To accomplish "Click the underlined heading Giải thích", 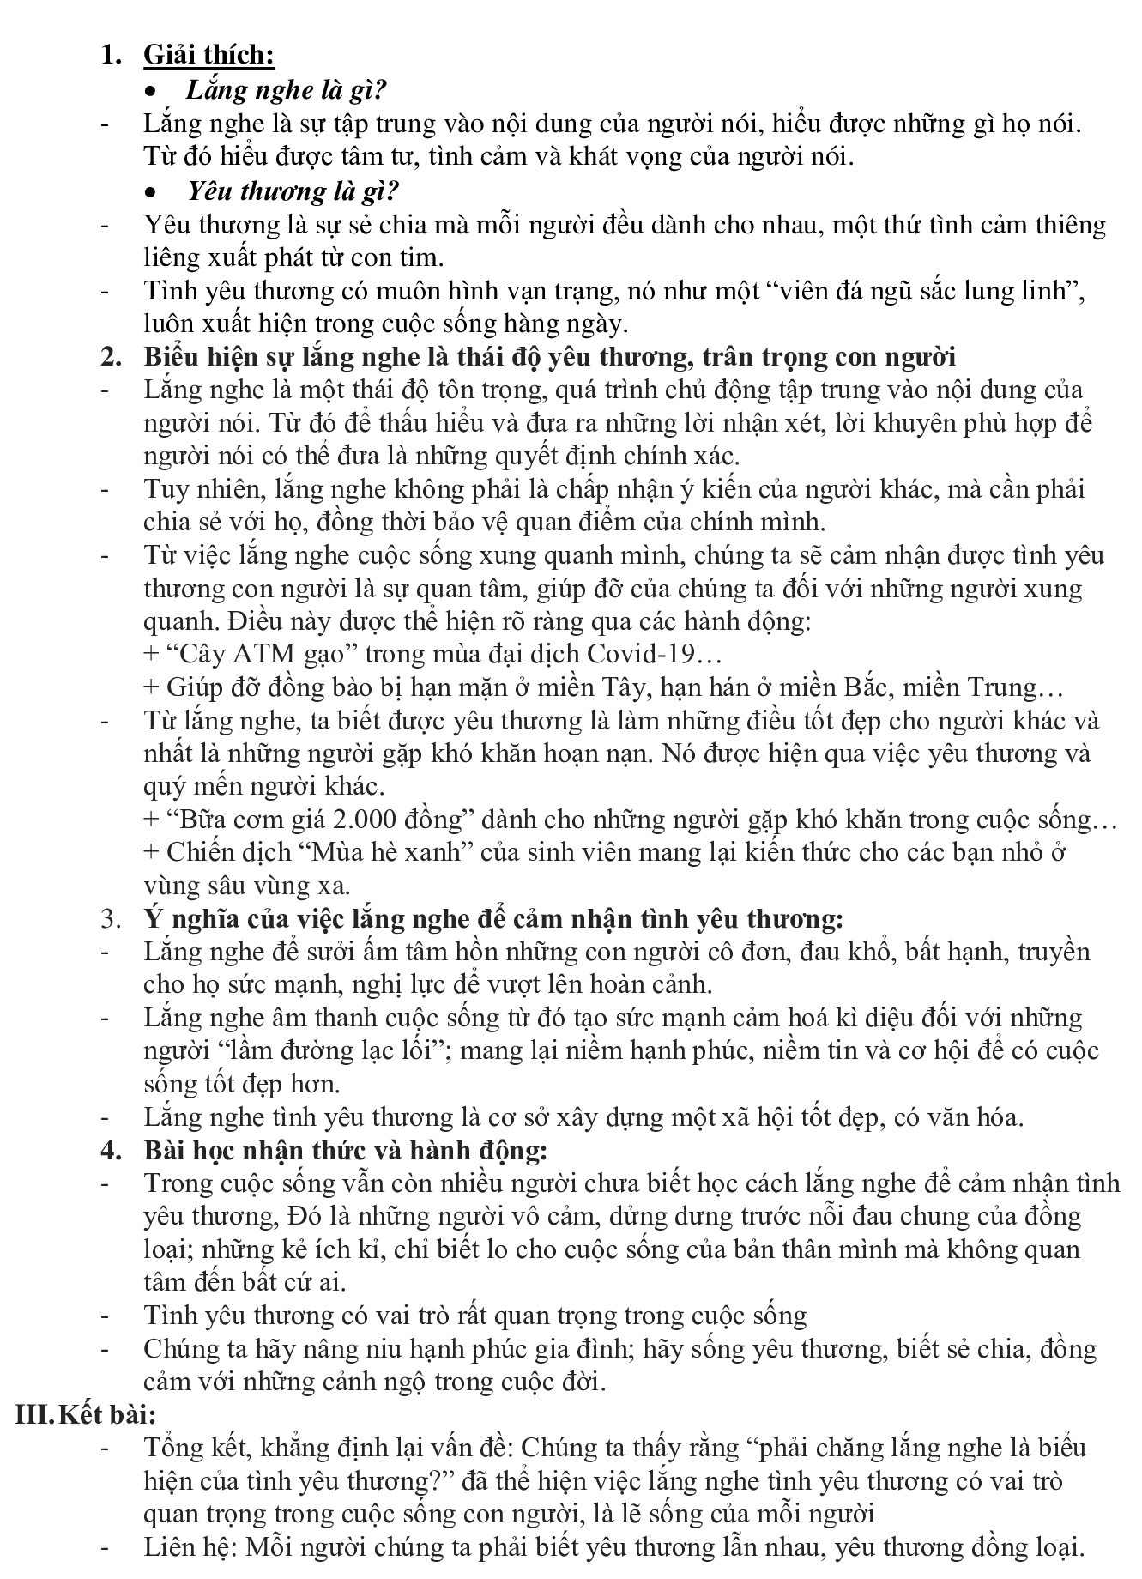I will [x=208, y=56].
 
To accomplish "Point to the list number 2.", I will [x=110, y=357].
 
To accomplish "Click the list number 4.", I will [x=110, y=1150].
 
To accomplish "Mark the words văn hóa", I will [x=980, y=1117].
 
